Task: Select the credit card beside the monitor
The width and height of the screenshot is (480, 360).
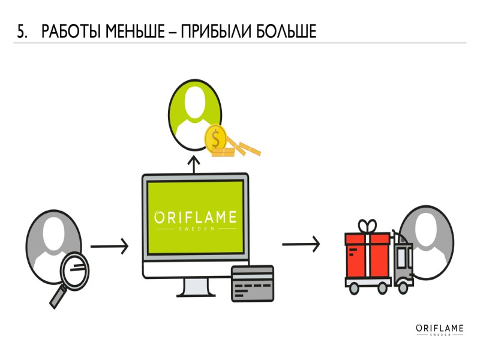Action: [x=252, y=283]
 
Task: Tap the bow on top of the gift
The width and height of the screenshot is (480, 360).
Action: [x=367, y=226]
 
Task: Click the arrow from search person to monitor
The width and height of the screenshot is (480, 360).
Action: [x=109, y=245]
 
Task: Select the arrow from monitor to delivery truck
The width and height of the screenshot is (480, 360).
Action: [x=301, y=244]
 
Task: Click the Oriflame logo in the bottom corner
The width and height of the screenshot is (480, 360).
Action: [x=440, y=329]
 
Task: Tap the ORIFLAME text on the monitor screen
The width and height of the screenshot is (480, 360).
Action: [x=195, y=217]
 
